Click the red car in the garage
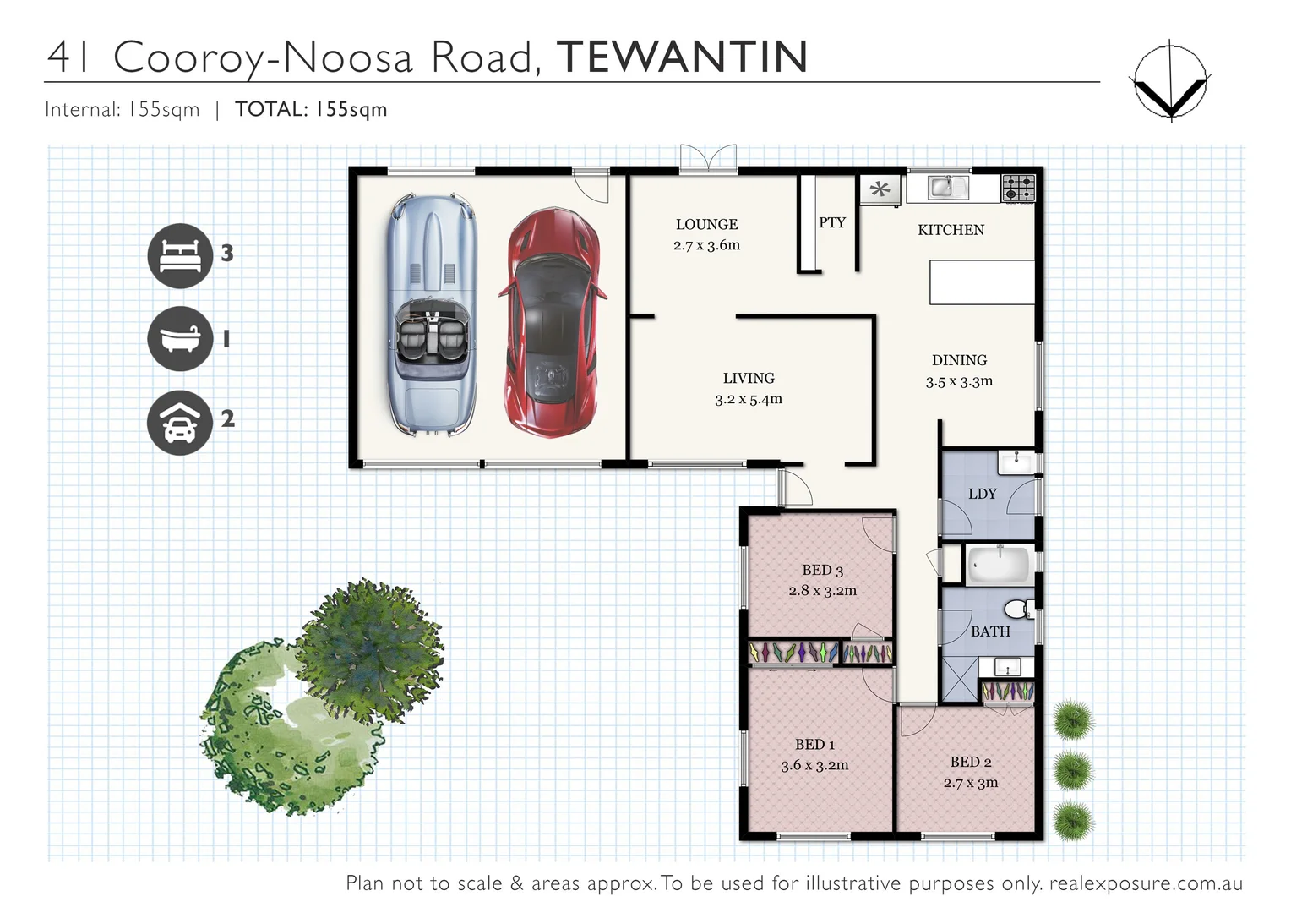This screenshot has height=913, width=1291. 553,323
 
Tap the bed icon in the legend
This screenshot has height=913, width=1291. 179,255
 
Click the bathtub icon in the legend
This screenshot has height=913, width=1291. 179,338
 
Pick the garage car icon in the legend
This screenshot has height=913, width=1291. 179,422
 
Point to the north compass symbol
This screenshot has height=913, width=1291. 1169,81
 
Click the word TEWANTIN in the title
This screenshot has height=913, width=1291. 682,57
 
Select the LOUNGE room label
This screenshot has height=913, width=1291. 706,224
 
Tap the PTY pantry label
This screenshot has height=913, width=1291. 831,222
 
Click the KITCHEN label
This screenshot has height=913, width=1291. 951,230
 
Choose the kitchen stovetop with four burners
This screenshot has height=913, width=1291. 1018,188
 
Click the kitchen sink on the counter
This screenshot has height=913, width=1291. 947,187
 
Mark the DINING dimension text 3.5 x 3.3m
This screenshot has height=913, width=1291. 959,381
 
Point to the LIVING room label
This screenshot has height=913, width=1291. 748,378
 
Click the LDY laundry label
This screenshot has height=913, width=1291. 982,494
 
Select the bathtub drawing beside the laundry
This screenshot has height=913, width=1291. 998,565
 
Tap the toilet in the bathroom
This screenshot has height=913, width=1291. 1019,608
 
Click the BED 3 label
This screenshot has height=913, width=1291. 822,570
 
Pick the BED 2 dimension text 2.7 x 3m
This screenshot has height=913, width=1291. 970,783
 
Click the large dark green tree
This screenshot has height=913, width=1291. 369,647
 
